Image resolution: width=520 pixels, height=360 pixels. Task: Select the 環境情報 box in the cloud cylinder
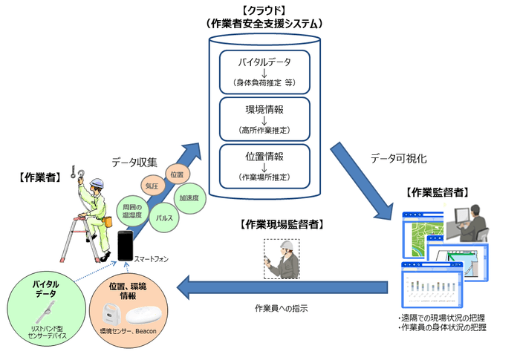point(264,119)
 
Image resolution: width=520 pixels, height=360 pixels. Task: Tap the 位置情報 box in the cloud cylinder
point(264,166)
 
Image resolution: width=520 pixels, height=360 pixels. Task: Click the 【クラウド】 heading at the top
point(264,11)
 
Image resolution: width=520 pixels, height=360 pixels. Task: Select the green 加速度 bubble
point(188,199)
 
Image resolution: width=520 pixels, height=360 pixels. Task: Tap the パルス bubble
point(163,217)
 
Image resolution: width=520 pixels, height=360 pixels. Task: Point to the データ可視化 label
point(398,158)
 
